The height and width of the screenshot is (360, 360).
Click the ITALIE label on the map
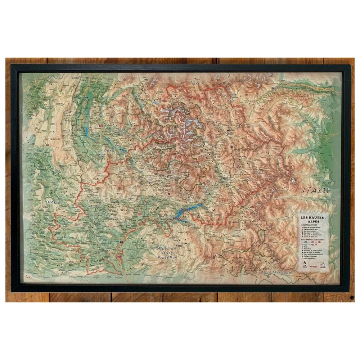(316, 190)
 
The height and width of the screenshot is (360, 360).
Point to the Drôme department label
(53, 203)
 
